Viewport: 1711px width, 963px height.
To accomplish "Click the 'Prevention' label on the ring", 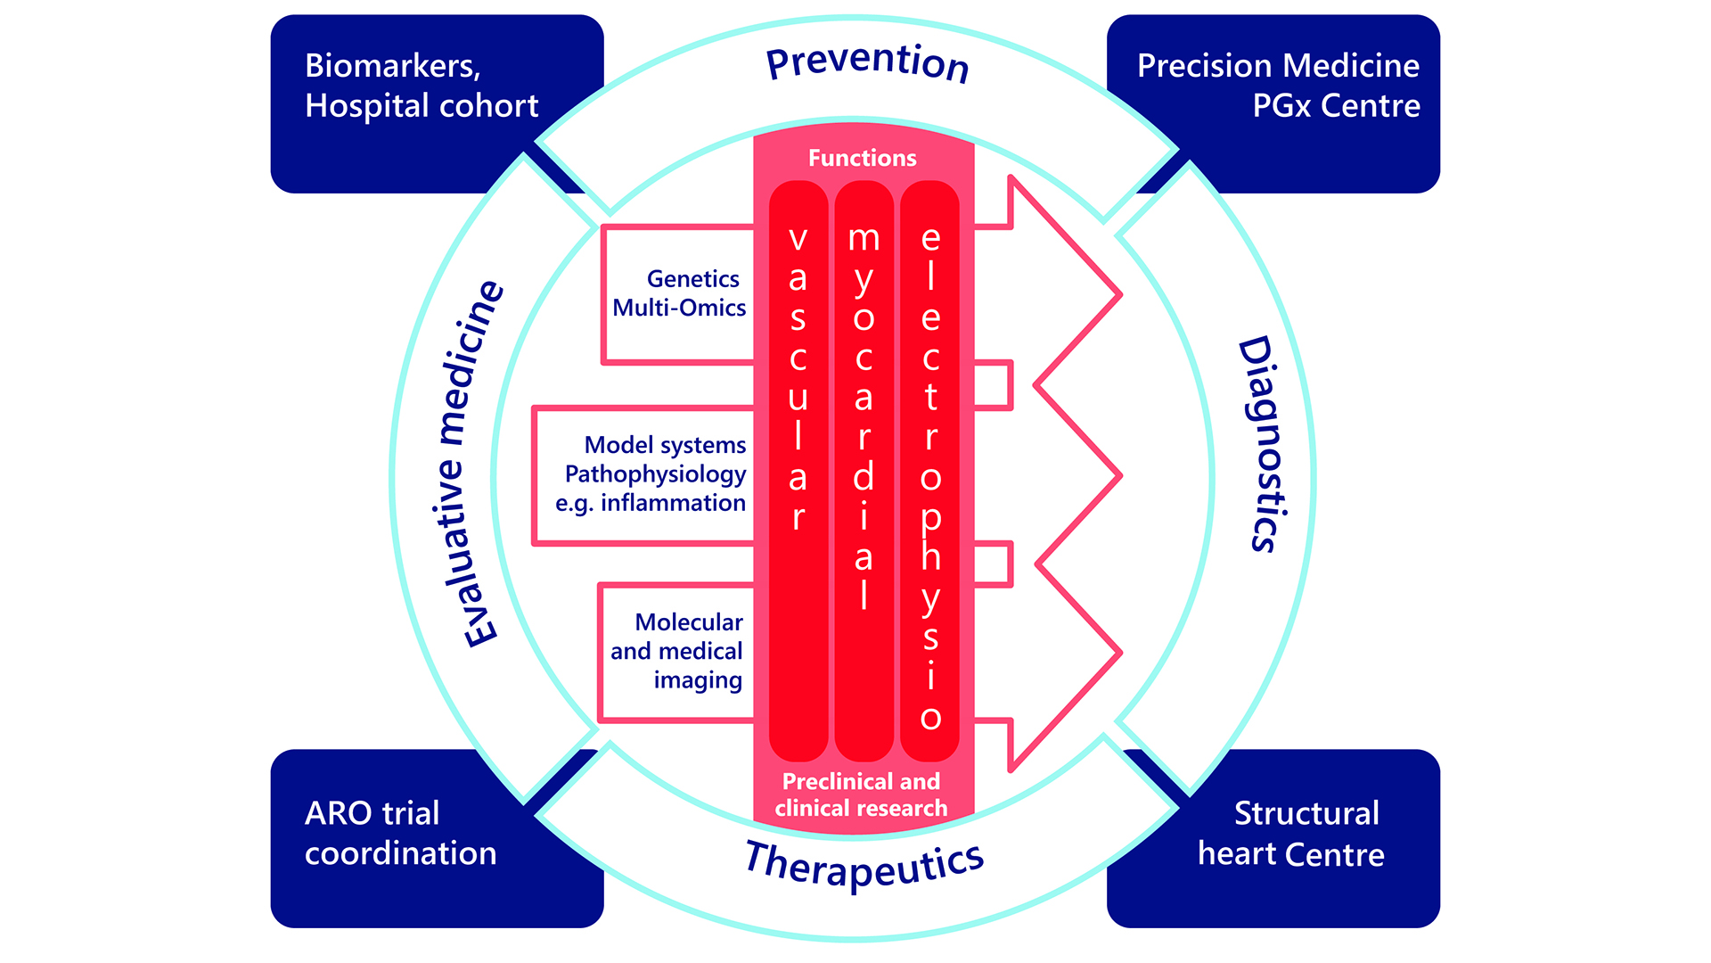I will (867, 62).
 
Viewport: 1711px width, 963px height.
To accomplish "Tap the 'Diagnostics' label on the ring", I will (1264, 444).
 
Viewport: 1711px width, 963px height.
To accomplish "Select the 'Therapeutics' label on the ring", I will (864, 863).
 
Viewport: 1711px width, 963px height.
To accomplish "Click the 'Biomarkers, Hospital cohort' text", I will (421, 86).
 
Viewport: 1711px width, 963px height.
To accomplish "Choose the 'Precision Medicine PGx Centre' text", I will (1278, 86).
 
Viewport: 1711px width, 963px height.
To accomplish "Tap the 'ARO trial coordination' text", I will (400, 833).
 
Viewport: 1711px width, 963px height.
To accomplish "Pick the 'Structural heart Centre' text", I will (1291, 833).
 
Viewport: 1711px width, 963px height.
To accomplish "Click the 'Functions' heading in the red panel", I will (862, 159).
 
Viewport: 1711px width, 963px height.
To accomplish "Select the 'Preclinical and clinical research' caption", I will (861, 794).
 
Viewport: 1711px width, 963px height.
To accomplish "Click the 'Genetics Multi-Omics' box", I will (679, 293).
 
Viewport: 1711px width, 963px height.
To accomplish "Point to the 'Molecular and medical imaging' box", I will (677, 651).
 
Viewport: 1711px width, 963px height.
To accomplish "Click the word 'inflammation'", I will (673, 503).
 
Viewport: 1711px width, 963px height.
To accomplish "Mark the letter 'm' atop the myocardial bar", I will (864, 238).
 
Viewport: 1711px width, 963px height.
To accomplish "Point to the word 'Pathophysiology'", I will (655, 474).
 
